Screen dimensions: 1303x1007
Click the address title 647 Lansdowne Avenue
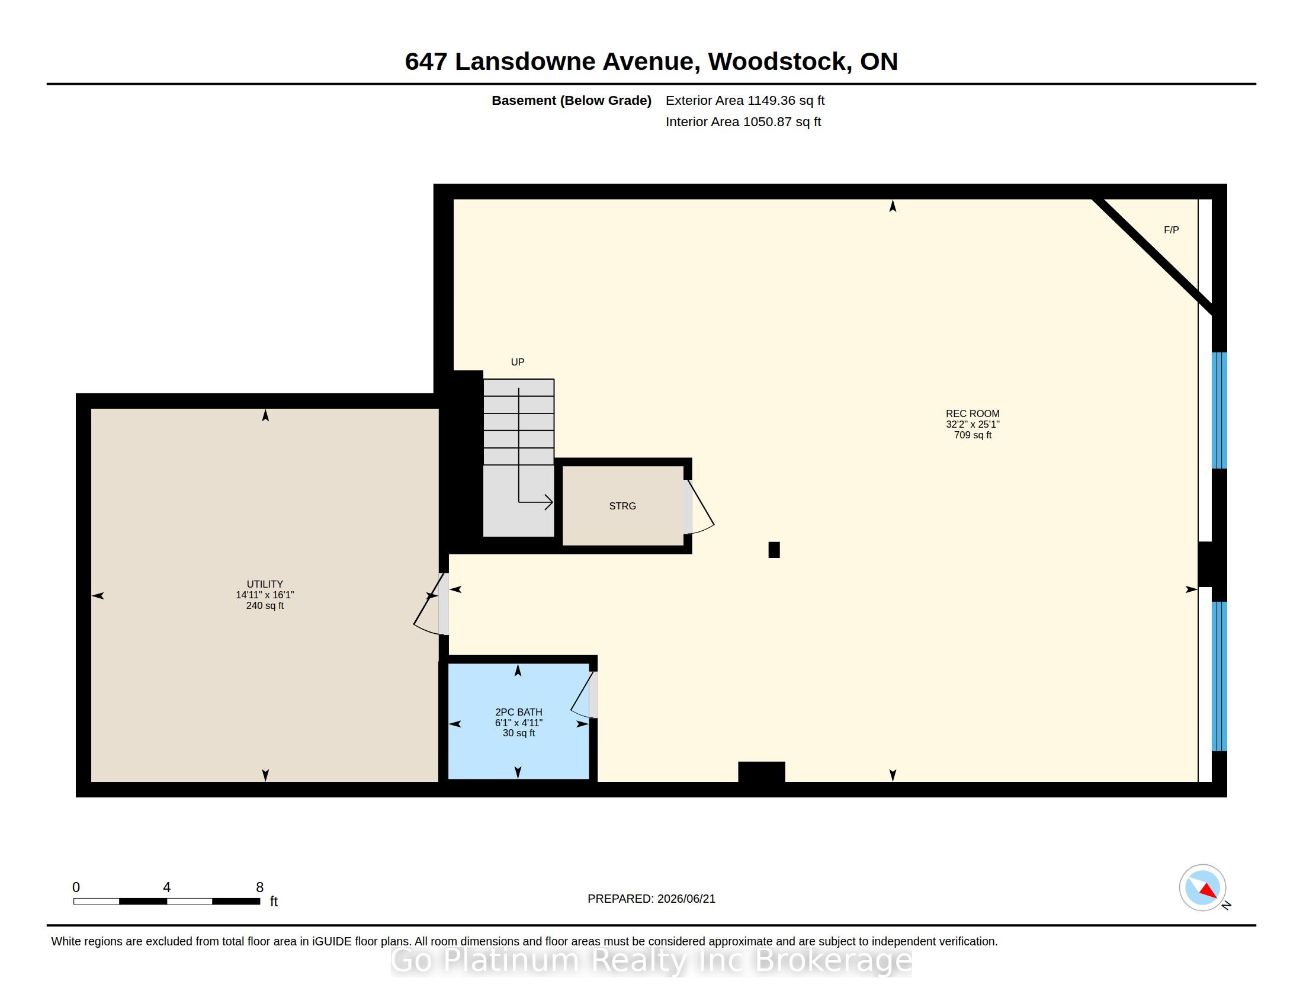tap(549, 62)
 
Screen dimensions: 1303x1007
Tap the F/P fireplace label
tap(1171, 230)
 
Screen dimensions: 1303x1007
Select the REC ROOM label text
tap(973, 413)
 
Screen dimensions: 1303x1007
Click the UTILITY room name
tap(265, 584)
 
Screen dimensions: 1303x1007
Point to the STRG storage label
tap(622, 506)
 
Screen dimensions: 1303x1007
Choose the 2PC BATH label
tap(518, 711)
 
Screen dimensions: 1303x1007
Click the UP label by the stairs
tap(517, 361)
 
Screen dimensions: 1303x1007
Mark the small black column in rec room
tap(774, 550)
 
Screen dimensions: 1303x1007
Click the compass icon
tap(1202, 888)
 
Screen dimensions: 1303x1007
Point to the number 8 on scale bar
tap(259, 887)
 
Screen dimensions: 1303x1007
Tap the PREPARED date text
tap(651, 899)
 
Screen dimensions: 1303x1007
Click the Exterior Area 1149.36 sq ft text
tap(745, 100)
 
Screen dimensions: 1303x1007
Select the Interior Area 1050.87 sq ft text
tap(743, 121)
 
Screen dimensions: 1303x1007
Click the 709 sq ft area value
tap(973, 435)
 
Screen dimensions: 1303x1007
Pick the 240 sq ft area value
tap(265, 605)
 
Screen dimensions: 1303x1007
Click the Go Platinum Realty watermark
tap(651, 960)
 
